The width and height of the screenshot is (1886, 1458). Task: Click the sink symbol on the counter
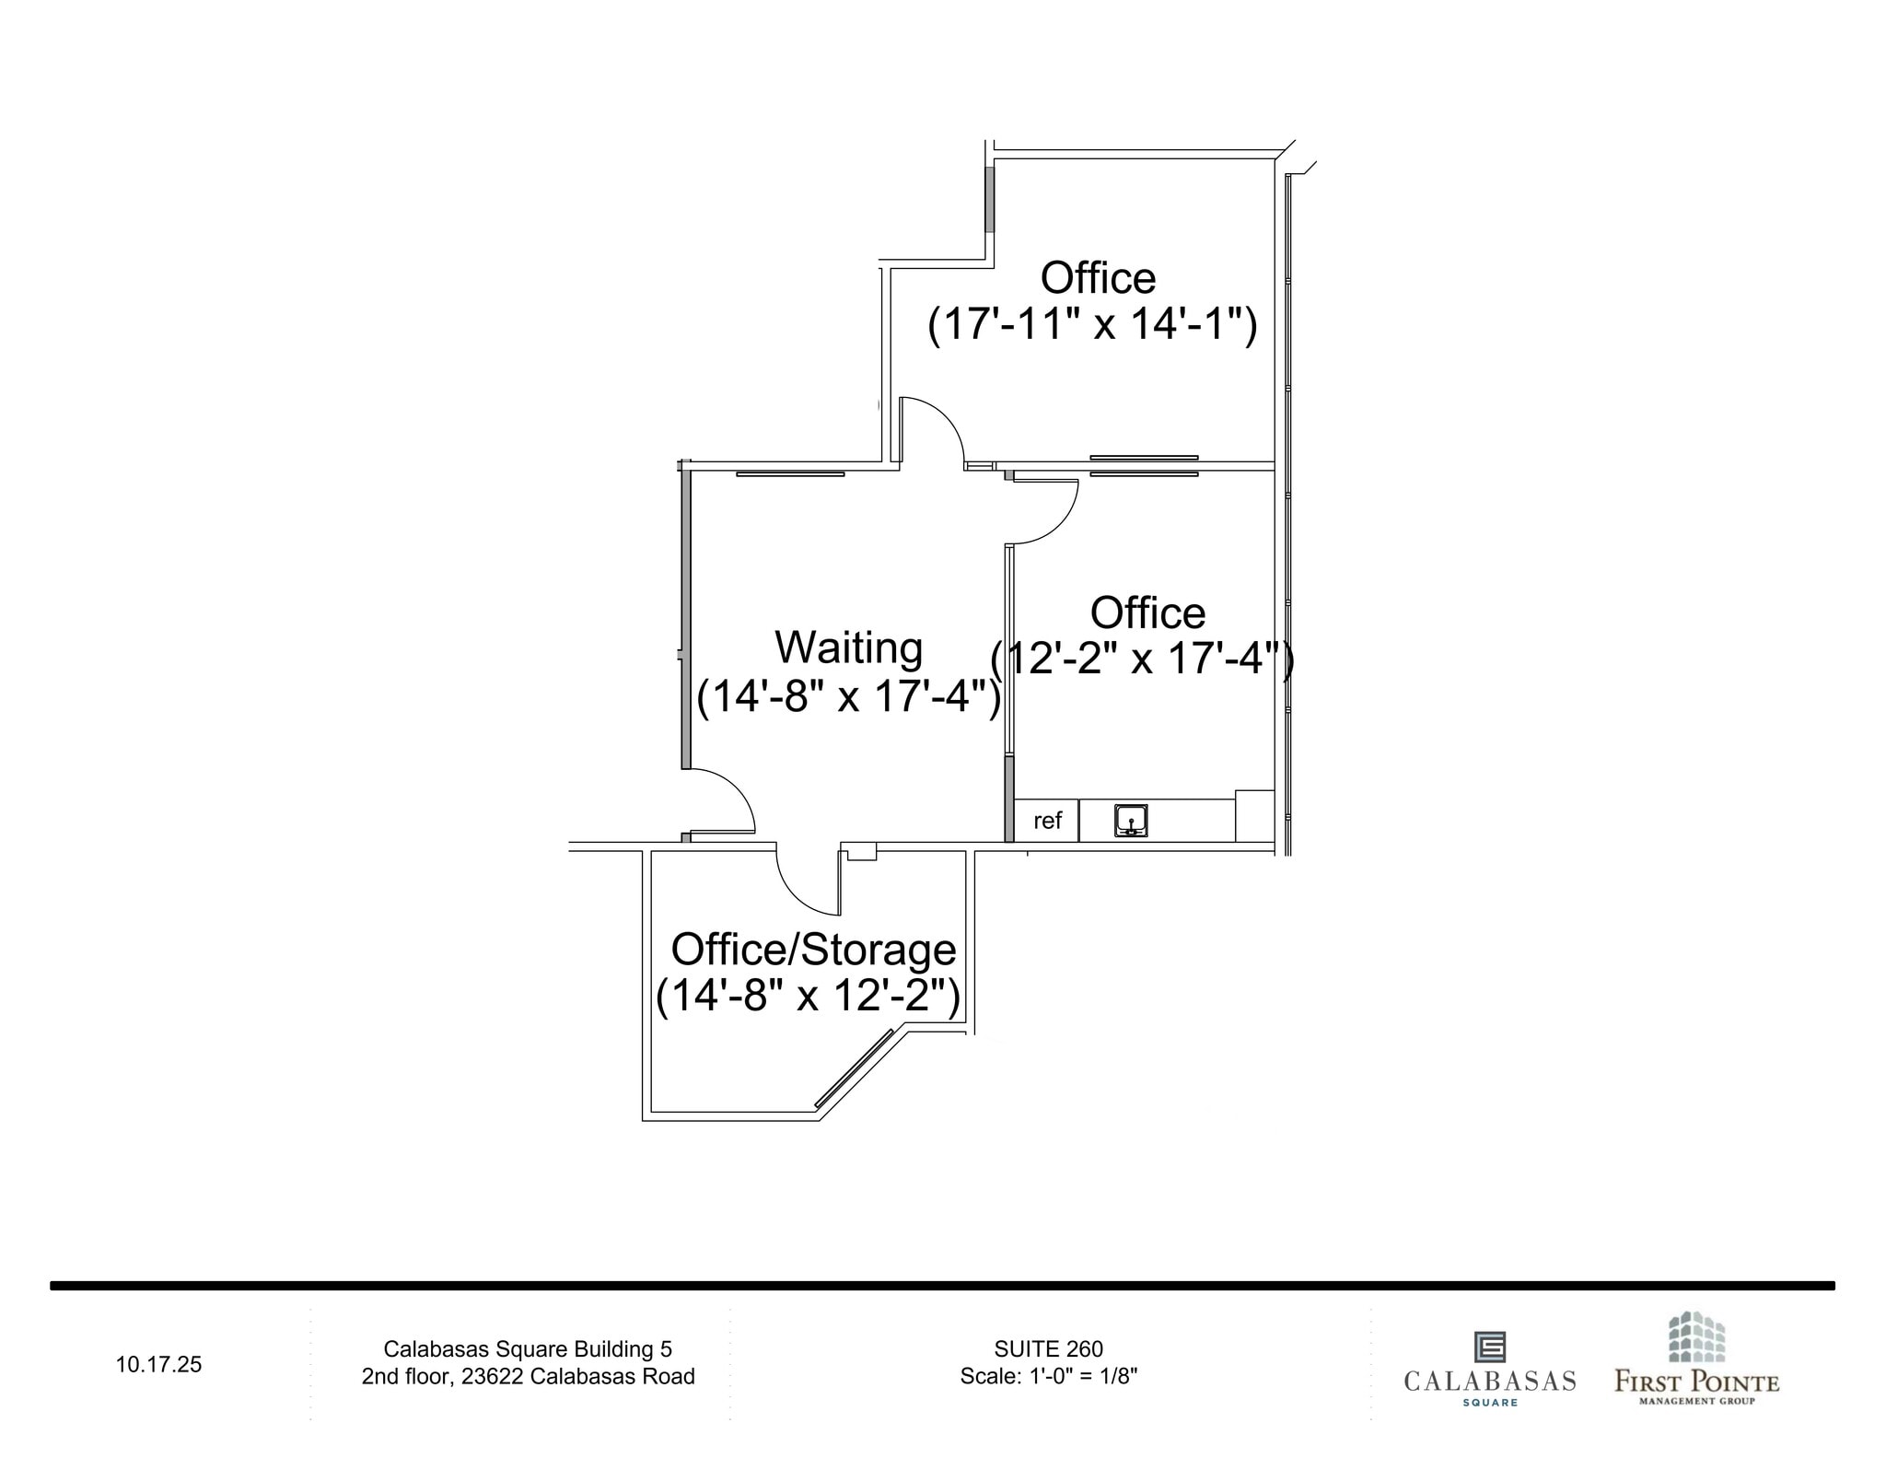pyautogui.click(x=1130, y=820)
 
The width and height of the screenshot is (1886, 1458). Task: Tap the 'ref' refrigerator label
pyautogui.click(x=1047, y=821)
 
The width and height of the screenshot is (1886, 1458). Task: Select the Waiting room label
pyautogui.click(x=848, y=647)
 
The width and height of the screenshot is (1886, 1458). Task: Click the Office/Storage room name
pyautogui.click(x=813, y=950)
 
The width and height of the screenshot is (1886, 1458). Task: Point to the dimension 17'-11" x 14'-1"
pyautogui.click(x=1092, y=324)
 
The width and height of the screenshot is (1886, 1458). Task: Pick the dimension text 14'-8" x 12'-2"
pyautogui.click(x=808, y=996)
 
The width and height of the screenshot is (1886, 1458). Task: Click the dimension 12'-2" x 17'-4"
pyautogui.click(x=1142, y=659)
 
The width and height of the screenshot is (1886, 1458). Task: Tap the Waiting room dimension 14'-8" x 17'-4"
pyautogui.click(x=848, y=696)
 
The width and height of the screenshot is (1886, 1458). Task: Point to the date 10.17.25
pyautogui.click(x=158, y=1364)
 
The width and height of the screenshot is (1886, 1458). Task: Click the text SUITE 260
pyautogui.click(x=1048, y=1349)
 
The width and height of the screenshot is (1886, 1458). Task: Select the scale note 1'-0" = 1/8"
pyautogui.click(x=1048, y=1376)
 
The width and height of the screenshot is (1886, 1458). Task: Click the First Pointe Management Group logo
pyautogui.click(x=1696, y=1359)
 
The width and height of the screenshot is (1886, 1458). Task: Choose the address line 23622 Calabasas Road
pyautogui.click(x=528, y=1376)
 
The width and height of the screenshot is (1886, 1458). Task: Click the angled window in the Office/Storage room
pyautogui.click(x=855, y=1067)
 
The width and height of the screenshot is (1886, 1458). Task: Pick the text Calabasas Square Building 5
pyautogui.click(x=528, y=1349)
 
